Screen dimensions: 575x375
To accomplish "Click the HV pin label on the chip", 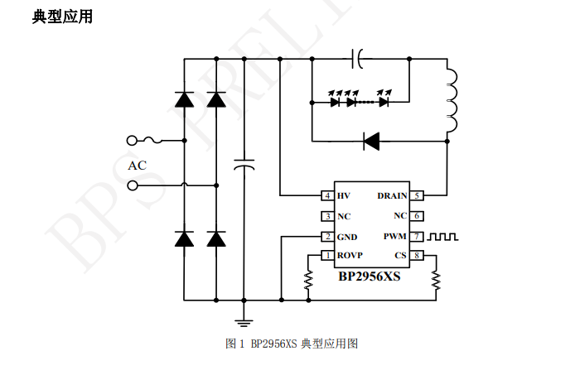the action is (x=343, y=195).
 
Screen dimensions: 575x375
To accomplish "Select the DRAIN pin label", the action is (x=392, y=195).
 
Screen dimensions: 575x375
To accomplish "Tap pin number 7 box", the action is (x=417, y=237).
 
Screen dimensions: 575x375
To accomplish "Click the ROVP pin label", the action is (x=350, y=255).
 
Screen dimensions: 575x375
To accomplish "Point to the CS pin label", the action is (x=400, y=255).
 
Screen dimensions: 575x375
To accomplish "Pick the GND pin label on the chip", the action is (x=347, y=237).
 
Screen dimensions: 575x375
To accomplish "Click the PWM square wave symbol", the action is (x=443, y=237).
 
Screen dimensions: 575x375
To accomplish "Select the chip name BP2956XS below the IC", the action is (x=370, y=276).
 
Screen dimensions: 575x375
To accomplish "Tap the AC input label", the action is (x=138, y=166).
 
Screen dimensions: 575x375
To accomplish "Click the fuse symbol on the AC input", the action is (x=152, y=140).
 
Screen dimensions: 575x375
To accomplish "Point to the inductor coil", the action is (x=452, y=101).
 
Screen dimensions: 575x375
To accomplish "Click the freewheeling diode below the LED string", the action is (x=371, y=141).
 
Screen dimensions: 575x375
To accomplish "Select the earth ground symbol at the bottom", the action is (x=244, y=323).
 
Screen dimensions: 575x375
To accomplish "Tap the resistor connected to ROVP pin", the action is (x=308, y=280).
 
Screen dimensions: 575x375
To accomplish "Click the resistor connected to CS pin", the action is (x=436, y=280).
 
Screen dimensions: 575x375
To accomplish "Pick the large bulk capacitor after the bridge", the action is (x=244, y=165).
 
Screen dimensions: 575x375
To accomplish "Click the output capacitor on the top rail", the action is (x=357, y=59).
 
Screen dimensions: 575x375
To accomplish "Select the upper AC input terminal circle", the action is (x=132, y=141).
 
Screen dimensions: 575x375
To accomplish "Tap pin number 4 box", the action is (x=327, y=195).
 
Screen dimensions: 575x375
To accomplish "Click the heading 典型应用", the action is (x=62, y=17).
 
